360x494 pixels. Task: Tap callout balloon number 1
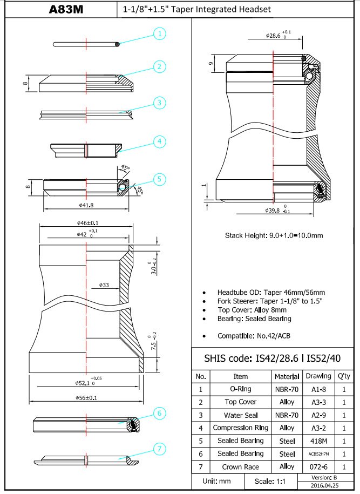(x=159, y=34)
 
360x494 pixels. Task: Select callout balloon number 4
(x=159, y=142)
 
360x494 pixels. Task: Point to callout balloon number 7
(x=159, y=449)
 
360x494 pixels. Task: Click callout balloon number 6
(x=159, y=414)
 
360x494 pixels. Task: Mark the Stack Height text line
(x=273, y=235)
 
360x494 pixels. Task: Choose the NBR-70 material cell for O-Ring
(x=287, y=389)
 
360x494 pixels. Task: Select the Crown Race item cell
(x=240, y=466)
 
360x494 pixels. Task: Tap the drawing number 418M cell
(x=318, y=441)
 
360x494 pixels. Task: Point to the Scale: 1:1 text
(x=271, y=481)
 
